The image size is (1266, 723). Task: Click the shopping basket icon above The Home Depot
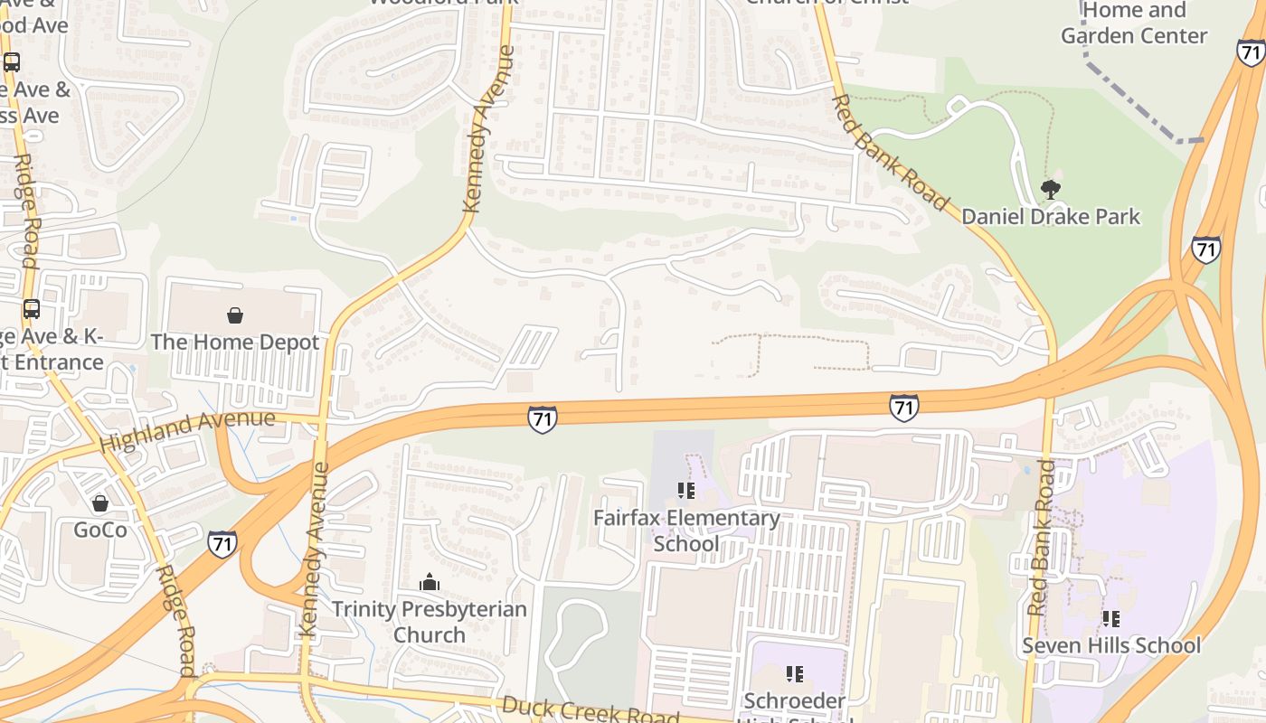(x=235, y=315)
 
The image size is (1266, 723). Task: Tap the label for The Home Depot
(x=235, y=343)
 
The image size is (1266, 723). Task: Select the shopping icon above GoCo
(x=100, y=502)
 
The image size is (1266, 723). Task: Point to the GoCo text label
(x=100, y=530)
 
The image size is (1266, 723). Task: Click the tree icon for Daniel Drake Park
(x=1050, y=190)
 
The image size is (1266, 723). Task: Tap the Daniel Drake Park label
(x=1050, y=217)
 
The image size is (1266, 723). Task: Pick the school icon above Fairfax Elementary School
(x=686, y=491)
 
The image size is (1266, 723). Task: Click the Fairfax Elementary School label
(x=686, y=531)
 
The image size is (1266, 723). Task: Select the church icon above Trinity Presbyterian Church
(x=430, y=582)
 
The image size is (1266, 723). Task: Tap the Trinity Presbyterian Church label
(x=430, y=622)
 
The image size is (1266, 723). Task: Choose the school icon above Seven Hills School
(x=1111, y=619)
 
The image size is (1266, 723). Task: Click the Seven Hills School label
(x=1111, y=646)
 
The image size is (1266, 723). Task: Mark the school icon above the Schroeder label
(x=794, y=673)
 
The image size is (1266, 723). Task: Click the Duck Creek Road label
(x=590, y=709)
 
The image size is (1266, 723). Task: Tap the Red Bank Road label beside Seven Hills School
(x=1041, y=538)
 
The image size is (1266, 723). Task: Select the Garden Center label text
(x=1134, y=36)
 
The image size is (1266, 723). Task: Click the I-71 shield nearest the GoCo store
(x=222, y=544)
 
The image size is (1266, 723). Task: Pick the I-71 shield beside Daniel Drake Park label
(x=1205, y=249)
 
